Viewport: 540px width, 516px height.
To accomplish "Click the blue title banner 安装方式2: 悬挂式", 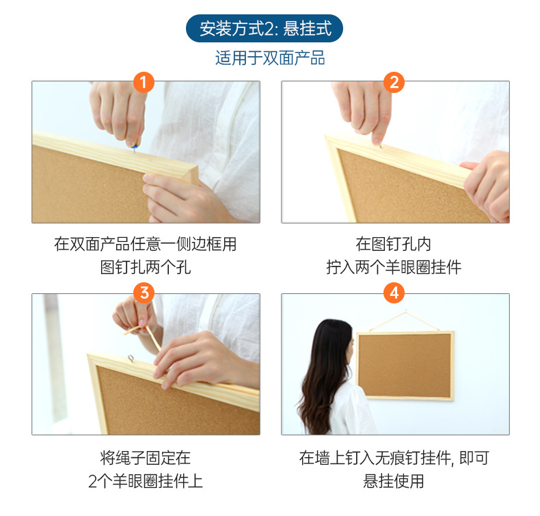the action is [x=264, y=28].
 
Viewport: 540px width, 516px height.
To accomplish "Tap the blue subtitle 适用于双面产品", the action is [x=270, y=58].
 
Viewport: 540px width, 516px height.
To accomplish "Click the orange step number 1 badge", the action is [x=144, y=82].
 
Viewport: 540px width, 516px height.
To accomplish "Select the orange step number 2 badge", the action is [x=394, y=82].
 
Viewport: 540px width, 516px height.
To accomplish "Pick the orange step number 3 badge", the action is [x=144, y=293].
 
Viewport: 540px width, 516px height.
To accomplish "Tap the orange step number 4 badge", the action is [x=394, y=293].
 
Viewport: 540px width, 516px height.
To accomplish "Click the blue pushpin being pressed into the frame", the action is [x=134, y=147].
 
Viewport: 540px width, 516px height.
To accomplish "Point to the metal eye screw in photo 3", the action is [x=131, y=359].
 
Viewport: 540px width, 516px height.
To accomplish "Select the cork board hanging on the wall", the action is [x=405, y=366].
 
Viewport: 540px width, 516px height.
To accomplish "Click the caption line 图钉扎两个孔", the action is [x=146, y=267].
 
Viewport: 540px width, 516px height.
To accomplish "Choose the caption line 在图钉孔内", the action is [x=393, y=244].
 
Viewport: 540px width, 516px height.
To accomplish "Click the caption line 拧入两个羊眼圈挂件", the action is [x=394, y=267].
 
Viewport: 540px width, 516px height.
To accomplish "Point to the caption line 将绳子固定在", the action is [x=146, y=458].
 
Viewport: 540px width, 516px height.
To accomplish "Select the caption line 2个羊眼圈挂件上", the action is [x=146, y=481].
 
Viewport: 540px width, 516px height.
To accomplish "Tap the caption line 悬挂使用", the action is [x=394, y=481].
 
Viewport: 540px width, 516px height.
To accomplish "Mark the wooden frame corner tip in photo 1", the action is [x=198, y=167].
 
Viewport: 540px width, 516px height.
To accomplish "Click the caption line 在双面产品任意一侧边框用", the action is [x=146, y=244].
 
